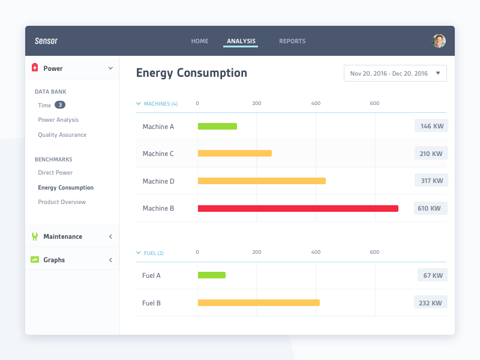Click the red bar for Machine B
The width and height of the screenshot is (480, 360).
tap(298, 208)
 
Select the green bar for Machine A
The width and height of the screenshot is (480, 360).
tap(217, 126)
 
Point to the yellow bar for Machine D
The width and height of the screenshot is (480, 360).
tap(262, 181)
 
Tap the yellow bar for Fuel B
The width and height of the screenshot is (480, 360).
tap(259, 303)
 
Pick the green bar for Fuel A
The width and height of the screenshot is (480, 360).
tap(212, 275)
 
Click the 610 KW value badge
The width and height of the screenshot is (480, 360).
tap(430, 208)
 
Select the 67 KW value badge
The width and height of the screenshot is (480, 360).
tap(432, 275)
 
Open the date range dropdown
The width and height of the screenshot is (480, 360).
tap(395, 73)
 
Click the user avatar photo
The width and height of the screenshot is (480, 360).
tap(439, 41)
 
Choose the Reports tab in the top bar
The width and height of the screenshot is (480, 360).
tap(292, 41)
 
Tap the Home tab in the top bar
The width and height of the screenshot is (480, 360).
tap(200, 41)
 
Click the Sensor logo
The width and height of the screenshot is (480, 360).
tap(46, 41)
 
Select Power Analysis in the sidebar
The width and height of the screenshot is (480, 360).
tap(58, 120)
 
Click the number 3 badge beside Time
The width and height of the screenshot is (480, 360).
tap(60, 105)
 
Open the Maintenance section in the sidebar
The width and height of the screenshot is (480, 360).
tap(62, 236)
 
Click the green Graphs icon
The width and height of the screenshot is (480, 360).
tap(35, 260)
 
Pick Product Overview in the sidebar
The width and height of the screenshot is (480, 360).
tap(62, 202)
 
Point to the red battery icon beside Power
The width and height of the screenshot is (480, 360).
tap(35, 68)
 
